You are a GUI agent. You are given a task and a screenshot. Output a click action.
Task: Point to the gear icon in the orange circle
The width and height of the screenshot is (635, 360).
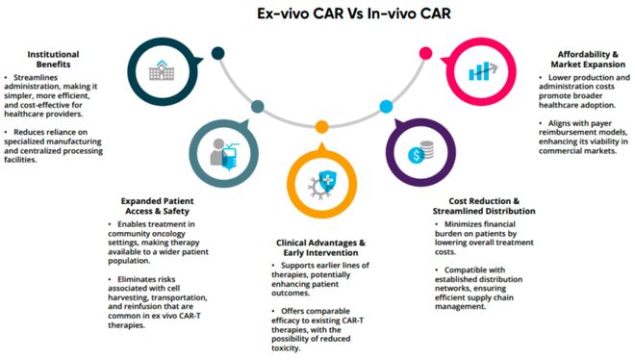point(317,186)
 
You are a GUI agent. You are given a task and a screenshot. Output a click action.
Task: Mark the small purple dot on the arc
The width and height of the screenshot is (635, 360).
point(379,105)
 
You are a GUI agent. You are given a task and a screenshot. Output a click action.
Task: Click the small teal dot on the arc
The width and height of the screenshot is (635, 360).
point(257,106)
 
